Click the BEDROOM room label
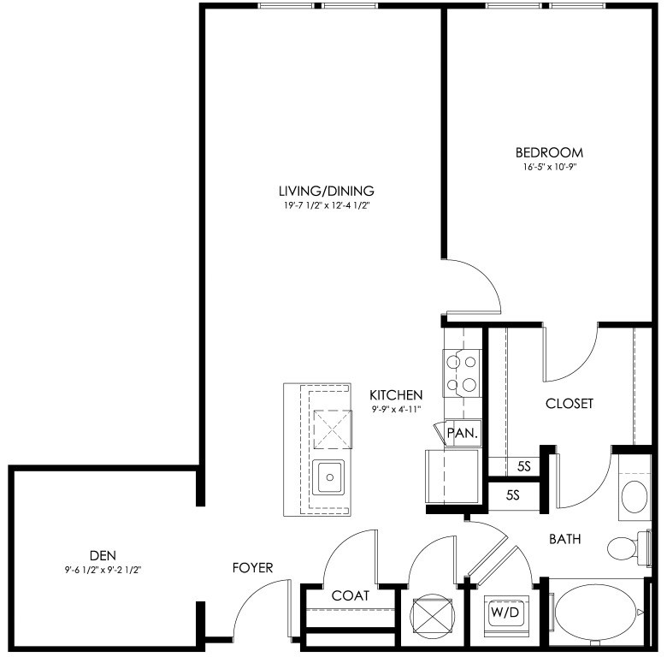(549, 152)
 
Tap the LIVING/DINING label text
(327, 191)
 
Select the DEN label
(103, 555)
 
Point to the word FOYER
(252, 568)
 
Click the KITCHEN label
(396, 395)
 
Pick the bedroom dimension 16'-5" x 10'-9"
(549, 167)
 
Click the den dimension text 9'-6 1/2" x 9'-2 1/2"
(103, 570)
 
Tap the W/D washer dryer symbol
(505, 613)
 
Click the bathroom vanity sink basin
(635, 497)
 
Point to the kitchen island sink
(328, 477)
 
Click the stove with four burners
(462, 373)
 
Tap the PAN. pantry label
(463, 433)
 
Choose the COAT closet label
(350, 595)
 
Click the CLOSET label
(570, 404)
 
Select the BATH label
(565, 539)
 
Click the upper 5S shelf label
(524, 466)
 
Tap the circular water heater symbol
(432, 616)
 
